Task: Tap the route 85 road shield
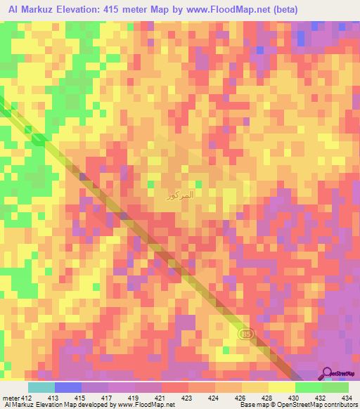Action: pos(245,332)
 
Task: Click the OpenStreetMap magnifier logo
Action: pos(328,374)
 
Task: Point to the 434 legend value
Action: pos(347,398)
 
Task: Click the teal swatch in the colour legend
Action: pos(41,387)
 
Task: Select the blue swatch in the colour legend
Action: pos(67,387)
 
